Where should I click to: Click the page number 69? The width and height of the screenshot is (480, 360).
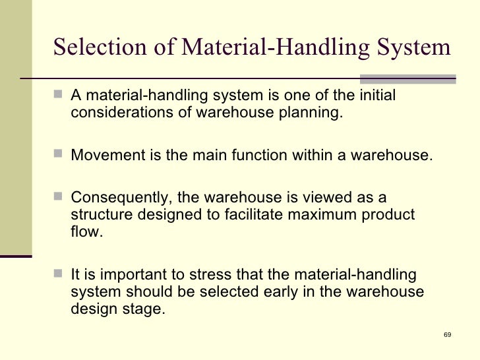click(447, 335)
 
